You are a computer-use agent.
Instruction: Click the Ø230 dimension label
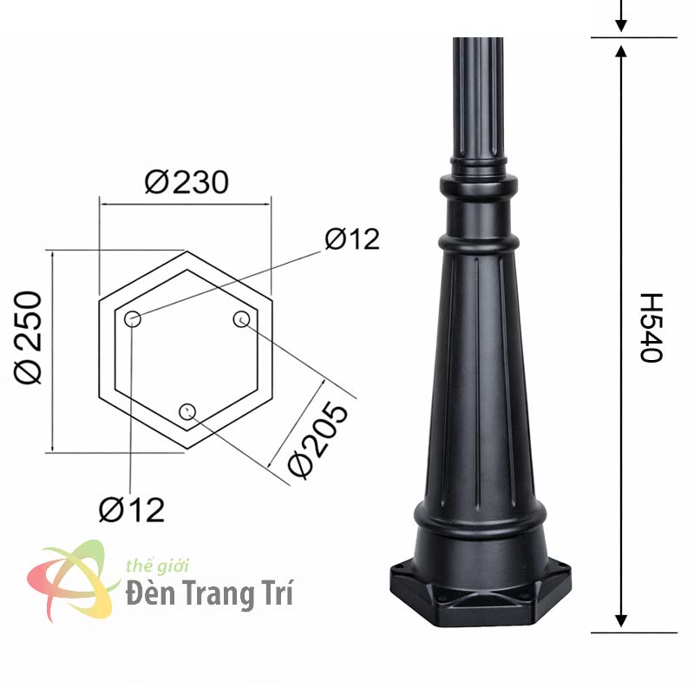tap(187, 182)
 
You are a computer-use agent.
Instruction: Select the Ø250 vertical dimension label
tap(28, 337)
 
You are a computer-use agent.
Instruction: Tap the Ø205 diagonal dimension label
tap(318, 440)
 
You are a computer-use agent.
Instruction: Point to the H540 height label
tap(651, 328)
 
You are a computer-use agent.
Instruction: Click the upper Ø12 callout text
tap(352, 239)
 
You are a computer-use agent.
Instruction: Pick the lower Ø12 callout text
tap(132, 510)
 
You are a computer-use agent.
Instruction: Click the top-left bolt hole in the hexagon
tap(133, 318)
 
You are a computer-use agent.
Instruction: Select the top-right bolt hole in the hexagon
tap(241, 319)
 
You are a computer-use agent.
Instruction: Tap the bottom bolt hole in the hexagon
tap(187, 411)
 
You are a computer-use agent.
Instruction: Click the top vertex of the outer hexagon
tap(187, 252)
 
